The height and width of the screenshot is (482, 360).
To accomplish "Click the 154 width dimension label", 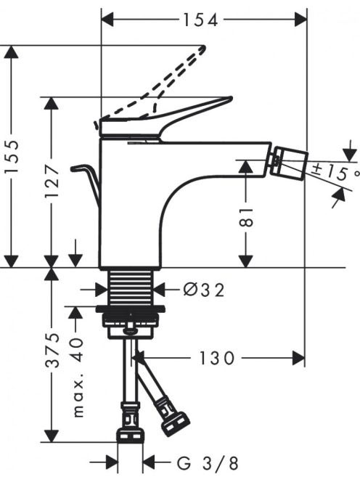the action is (200, 20).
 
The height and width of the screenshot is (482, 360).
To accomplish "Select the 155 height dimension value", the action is (12, 157).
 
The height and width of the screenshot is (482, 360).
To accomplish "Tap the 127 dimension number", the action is (52, 181).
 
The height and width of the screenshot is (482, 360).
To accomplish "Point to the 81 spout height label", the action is (246, 217).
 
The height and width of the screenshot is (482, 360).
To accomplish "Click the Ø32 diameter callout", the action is (204, 290).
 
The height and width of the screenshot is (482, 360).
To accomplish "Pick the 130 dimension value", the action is (217, 358).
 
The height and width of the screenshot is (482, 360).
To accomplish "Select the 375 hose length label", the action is (52, 350).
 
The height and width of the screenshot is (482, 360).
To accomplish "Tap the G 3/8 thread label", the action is (208, 464).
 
